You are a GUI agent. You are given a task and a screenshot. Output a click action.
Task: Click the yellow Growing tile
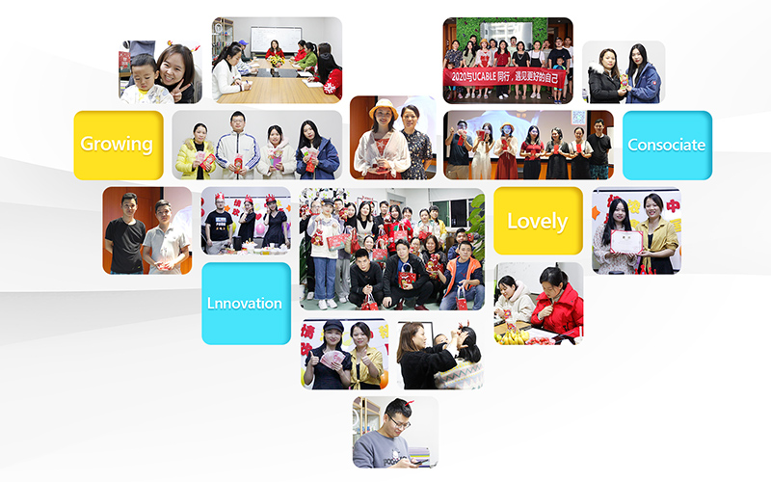click(118, 145)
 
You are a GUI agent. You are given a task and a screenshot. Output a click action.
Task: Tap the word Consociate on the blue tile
click(666, 145)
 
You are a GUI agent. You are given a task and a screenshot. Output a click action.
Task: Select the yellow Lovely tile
click(537, 221)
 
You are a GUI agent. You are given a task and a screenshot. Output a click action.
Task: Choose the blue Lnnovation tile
click(245, 303)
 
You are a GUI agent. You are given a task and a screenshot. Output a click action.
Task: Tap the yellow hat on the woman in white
click(384, 107)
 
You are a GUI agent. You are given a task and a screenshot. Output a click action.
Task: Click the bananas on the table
click(516, 336)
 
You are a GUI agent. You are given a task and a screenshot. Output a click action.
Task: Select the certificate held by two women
click(625, 238)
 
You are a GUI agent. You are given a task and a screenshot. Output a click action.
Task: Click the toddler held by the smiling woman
click(142, 80)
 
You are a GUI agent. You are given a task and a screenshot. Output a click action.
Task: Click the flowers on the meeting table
click(276, 60)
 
